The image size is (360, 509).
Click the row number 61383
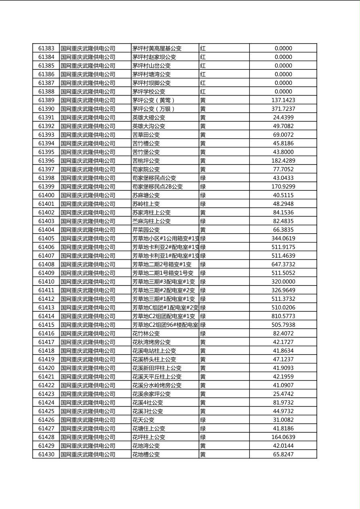46,48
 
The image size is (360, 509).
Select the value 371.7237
283,109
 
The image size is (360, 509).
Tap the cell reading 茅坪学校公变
149,92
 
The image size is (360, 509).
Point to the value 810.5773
283,316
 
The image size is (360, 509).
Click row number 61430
46,455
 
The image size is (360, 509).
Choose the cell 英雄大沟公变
149,126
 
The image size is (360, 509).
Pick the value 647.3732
283,265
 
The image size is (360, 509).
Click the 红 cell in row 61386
203,74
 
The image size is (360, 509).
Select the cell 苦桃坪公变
146,161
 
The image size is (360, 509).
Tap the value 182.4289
283,161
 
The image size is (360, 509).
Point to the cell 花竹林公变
146,334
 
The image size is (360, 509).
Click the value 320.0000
283,282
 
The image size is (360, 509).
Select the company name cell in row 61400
88,195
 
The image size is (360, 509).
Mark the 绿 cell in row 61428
203,437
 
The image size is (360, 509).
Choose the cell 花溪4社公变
147,403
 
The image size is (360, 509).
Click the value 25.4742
283,394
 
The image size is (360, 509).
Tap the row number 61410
46,282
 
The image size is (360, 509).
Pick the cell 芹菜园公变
146,230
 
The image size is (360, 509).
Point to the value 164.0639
283,437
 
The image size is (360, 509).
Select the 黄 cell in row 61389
203,100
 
